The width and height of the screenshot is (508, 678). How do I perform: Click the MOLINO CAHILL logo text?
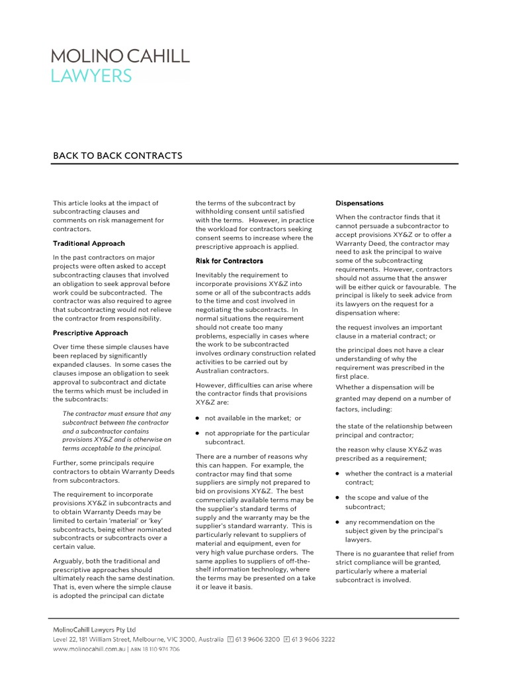[120, 56]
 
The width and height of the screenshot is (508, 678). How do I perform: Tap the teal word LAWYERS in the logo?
[91, 77]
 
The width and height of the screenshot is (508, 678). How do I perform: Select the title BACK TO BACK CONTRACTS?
[117, 156]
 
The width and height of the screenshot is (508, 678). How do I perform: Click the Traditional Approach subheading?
[89, 244]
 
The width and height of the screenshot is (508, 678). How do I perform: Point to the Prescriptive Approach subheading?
[91, 333]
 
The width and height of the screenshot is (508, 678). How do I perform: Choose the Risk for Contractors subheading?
[230, 261]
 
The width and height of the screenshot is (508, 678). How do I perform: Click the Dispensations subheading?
[359, 203]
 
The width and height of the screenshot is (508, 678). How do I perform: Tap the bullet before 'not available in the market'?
[198, 418]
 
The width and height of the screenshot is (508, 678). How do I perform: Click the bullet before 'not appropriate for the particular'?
[198, 434]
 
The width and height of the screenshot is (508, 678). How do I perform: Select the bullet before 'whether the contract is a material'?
[338, 474]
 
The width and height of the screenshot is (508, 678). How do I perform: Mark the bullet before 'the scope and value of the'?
[338, 498]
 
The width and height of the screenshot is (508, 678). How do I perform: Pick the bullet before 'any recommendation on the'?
[338, 522]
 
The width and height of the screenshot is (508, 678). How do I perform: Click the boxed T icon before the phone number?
[230, 640]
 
